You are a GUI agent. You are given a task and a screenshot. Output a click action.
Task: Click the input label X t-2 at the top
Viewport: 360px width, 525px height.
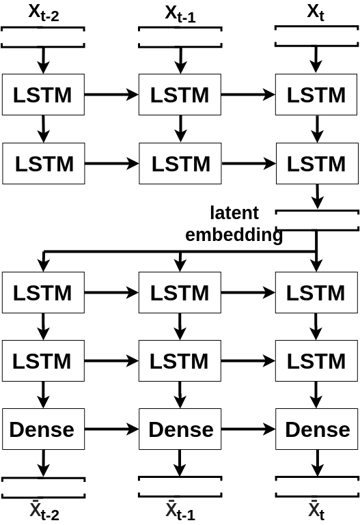point(43,14)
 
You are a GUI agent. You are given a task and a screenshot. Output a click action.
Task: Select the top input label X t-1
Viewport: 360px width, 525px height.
point(180,14)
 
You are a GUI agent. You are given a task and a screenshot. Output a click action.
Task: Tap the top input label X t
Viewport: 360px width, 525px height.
point(316,12)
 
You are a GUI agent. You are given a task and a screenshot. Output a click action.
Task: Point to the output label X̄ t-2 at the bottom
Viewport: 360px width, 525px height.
point(44,511)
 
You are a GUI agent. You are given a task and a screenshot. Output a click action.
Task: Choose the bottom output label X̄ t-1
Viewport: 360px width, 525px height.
point(180,511)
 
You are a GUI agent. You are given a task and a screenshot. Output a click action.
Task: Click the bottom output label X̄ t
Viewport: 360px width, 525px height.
point(316,511)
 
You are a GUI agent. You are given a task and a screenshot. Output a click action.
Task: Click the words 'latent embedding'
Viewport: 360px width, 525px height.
point(234,224)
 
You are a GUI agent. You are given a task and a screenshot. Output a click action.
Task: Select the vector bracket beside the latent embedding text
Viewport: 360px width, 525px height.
point(317,220)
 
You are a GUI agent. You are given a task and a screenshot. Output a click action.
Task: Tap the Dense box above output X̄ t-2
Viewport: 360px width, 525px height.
point(43,429)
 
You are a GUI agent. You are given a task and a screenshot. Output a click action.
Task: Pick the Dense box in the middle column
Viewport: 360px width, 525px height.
point(180,429)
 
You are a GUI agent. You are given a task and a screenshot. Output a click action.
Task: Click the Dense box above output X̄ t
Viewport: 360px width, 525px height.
point(317,429)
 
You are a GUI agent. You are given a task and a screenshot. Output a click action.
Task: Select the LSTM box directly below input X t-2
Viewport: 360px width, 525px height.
point(43,95)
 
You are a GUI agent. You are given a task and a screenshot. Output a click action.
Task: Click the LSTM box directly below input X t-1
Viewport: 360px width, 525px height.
point(180,95)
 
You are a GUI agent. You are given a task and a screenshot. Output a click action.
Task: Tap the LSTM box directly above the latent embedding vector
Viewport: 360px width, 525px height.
point(317,164)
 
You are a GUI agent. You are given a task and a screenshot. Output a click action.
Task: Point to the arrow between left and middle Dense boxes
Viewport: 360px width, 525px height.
point(111,429)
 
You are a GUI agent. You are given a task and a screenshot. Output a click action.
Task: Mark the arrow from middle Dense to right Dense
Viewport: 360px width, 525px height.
point(249,429)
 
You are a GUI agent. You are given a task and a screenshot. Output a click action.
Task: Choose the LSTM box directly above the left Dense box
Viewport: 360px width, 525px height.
point(43,360)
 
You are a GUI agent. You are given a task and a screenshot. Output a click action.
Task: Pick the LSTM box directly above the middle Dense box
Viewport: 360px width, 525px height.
point(180,360)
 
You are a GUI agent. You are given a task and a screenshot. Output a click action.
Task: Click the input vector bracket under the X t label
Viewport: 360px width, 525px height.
point(316,37)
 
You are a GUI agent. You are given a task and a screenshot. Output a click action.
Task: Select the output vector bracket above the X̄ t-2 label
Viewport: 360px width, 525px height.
point(43,487)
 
